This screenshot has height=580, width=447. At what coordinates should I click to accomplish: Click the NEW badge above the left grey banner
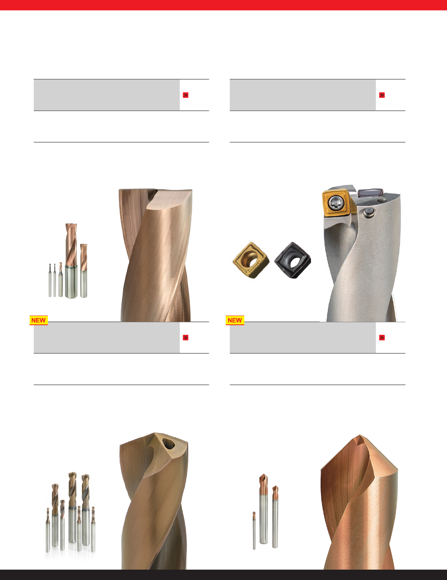pos(39,320)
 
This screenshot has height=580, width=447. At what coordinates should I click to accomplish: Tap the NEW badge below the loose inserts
pos(235,320)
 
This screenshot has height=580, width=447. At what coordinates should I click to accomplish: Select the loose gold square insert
pos(251,260)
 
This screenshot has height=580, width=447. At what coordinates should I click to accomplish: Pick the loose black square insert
pos(293,260)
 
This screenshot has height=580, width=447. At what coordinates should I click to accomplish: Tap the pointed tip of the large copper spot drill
pos(360,435)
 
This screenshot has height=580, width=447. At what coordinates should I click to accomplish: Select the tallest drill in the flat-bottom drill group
pos(71,261)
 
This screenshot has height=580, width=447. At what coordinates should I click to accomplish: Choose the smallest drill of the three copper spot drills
pos(254,530)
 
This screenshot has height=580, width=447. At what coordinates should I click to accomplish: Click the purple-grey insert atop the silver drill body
pos(371,192)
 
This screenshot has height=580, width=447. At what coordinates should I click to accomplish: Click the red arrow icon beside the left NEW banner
pos(186,338)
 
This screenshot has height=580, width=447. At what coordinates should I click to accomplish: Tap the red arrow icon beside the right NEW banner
pos(382,338)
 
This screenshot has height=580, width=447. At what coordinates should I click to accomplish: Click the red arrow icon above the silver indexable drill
pos(382,95)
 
